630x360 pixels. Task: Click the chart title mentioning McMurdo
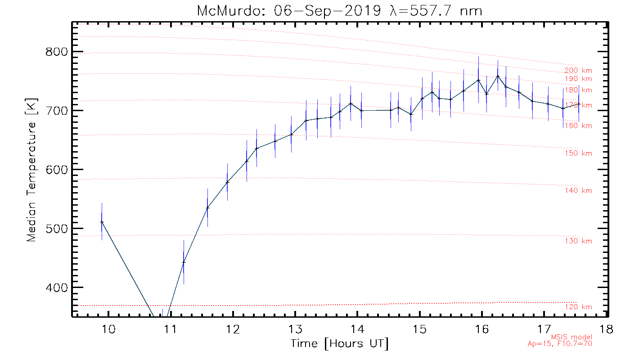click(x=340, y=11)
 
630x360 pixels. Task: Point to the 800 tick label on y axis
click(x=58, y=52)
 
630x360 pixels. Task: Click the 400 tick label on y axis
click(x=58, y=288)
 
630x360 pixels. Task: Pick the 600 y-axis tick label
click(x=58, y=170)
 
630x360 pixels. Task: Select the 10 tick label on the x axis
click(x=108, y=329)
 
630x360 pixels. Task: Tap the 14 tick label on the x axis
click(x=357, y=329)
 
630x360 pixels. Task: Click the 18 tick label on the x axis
click(x=606, y=329)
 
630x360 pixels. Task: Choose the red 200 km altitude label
click(x=578, y=71)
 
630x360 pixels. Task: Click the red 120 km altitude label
click(x=578, y=307)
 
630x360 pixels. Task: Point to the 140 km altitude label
click(x=578, y=191)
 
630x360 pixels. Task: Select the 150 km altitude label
click(x=578, y=153)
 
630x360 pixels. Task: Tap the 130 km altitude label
click(x=578, y=241)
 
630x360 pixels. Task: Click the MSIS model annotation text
click(x=571, y=337)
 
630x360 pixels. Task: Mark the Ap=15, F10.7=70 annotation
click(x=560, y=344)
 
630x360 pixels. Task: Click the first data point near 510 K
click(x=102, y=222)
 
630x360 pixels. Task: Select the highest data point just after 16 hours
click(x=498, y=76)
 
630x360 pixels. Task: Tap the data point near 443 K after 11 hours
click(x=184, y=262)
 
